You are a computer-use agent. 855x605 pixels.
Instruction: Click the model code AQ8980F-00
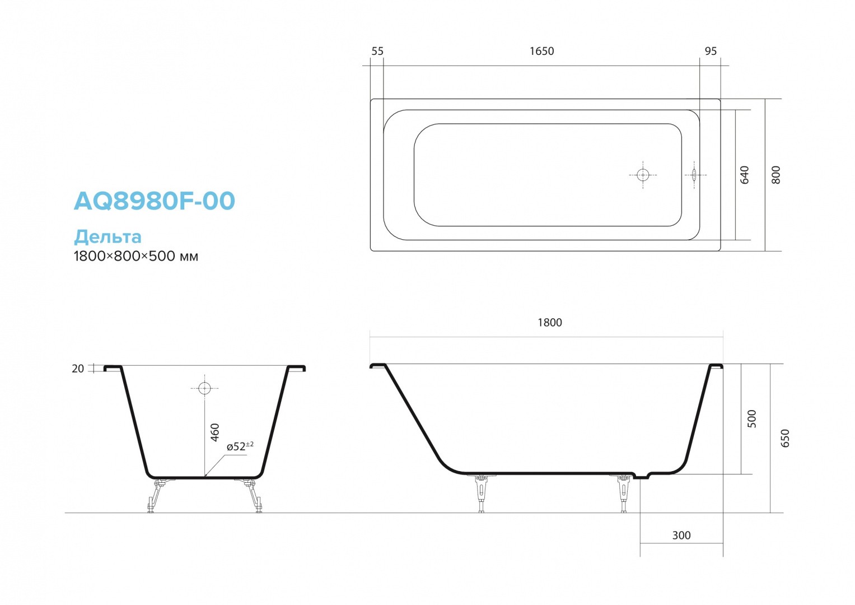[154, 201]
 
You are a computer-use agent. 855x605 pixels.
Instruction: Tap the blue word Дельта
[108, 237]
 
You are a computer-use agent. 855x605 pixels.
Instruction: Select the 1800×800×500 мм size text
[136, 256]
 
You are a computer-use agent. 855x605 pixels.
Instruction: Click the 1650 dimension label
[541, 51]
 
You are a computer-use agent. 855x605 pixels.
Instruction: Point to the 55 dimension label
[377, 51]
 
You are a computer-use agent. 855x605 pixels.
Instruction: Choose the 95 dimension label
[711, 51]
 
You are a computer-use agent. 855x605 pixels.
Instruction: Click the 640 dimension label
[744, 175]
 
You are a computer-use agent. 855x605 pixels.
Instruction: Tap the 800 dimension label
[775, 175]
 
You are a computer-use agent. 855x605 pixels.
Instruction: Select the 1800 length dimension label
[550, 322]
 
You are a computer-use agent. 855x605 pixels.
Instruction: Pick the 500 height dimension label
[751, 418]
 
